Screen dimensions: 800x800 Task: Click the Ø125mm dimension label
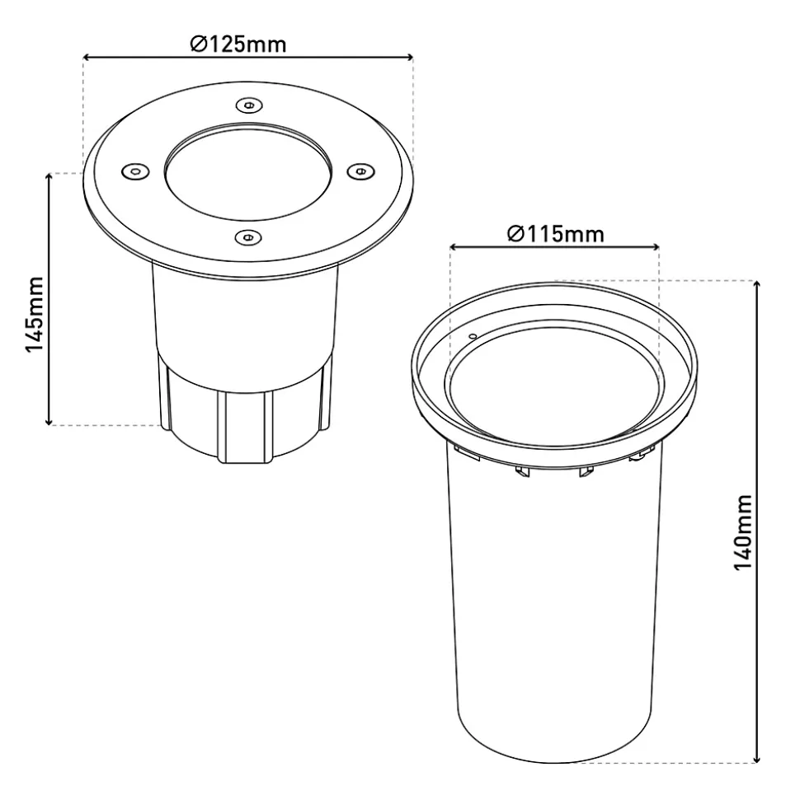238,44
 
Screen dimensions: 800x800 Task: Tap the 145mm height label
35,314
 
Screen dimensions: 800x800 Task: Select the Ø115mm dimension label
556,234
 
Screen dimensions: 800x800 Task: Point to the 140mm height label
743,532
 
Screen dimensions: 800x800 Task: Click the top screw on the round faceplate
249,105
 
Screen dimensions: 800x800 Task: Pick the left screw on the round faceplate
135,171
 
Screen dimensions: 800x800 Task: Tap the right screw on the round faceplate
360,171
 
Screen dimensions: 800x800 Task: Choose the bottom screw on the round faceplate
248,236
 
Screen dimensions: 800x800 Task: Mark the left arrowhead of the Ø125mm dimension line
86,57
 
